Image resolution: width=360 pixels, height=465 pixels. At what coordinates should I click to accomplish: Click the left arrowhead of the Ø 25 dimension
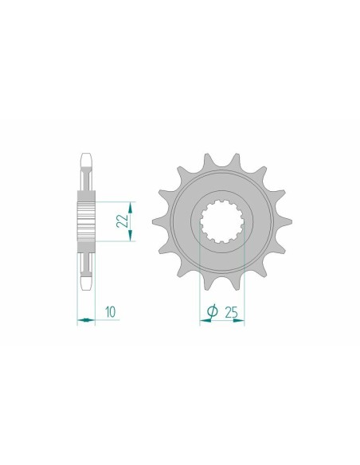click(202, 321)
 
